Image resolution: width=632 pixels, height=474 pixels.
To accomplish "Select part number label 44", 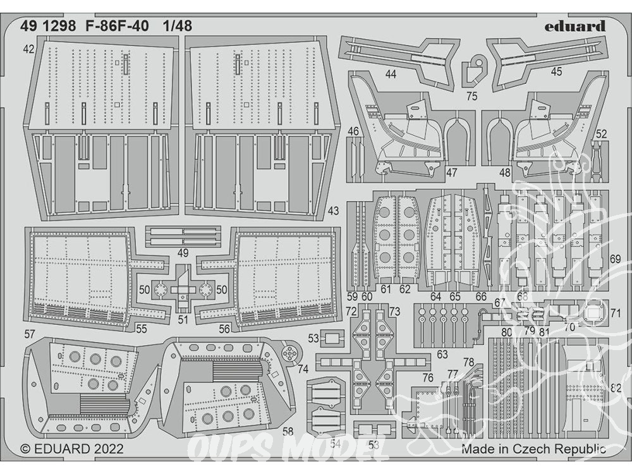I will click(x=391, y=75).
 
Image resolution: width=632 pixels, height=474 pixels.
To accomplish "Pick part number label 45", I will click(x=556, y=72).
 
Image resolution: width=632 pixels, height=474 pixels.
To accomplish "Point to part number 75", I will click(x=471, y=97).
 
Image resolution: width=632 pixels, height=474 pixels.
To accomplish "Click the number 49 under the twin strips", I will click(x=183, y=253).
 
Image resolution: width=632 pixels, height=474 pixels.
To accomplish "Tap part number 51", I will click(x=183, y=319).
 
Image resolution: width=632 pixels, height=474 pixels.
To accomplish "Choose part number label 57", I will click(x=29, y=333).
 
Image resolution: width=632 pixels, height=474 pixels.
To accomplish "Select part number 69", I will click(x=616, y=259).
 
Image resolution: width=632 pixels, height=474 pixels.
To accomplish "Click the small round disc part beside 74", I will click(x=291, y=353).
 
